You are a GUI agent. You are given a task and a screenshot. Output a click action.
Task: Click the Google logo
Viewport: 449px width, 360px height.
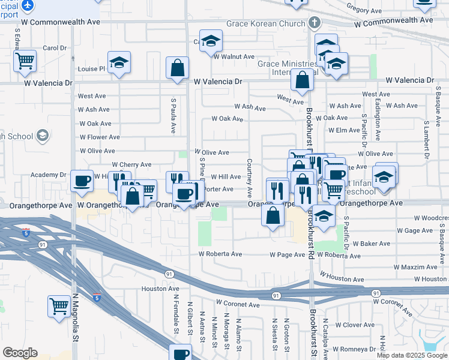(20, 353)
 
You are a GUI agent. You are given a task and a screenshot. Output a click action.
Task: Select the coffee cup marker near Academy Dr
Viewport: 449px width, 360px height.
(82, 180)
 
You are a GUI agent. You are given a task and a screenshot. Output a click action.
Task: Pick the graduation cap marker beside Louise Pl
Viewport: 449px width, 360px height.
(119, 62)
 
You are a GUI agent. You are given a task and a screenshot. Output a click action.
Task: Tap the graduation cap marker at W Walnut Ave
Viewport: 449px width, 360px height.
(211, 41)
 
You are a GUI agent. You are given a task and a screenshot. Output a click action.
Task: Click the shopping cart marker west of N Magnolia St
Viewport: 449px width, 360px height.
(59, 305)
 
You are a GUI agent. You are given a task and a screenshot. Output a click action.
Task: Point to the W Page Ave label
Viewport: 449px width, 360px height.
(288, 255)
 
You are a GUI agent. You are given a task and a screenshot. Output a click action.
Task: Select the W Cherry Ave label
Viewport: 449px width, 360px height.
(131, 164)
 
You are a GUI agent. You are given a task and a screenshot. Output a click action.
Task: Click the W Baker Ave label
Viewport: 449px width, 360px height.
(371, 244)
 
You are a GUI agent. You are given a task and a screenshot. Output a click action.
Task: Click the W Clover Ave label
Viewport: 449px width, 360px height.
(355, 325)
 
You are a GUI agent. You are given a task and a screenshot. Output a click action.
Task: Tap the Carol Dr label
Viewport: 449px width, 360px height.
(54, 48)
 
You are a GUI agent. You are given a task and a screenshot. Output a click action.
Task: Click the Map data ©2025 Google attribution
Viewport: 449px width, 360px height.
(411, 355)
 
